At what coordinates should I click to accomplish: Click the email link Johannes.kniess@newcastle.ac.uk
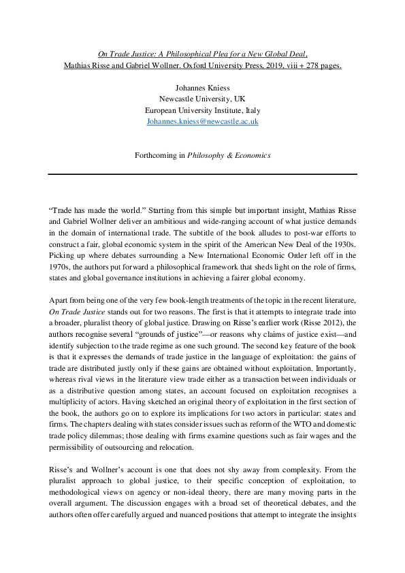click(x=202, y=121)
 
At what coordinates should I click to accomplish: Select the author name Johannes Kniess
click(x=202, y=86)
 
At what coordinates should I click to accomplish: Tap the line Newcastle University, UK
click(x=202, y=98)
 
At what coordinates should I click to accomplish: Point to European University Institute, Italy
click(x=202, y=110)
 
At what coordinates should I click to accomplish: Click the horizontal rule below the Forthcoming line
click(x=202, y=174)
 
